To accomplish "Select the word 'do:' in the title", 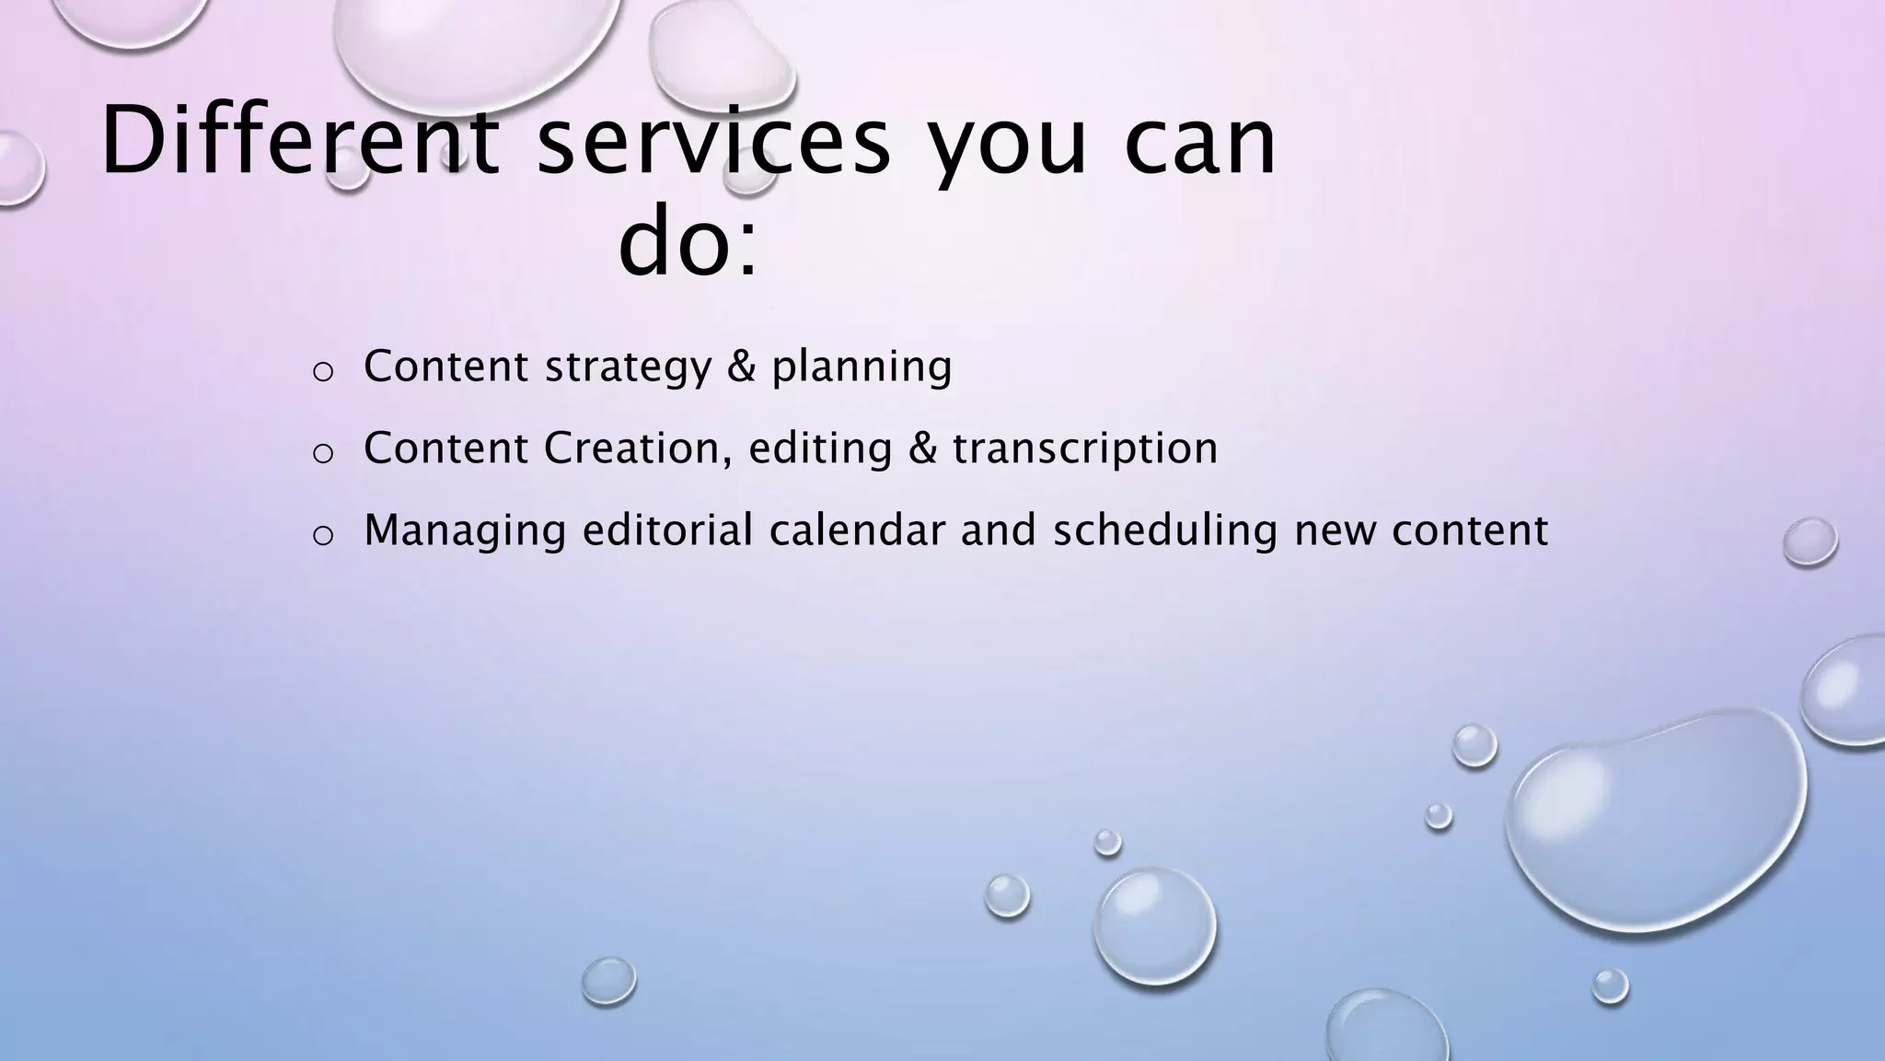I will pos(688,244).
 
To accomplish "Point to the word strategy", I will pos(628,367).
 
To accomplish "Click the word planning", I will pos(862,367).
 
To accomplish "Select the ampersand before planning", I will pos(741,366).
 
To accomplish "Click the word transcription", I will pos(1084,449).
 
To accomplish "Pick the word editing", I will pos(820,449).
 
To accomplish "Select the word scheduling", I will pos(1165,531).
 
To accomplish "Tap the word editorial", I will pos(668,530).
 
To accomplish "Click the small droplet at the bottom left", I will pos(608,980).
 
